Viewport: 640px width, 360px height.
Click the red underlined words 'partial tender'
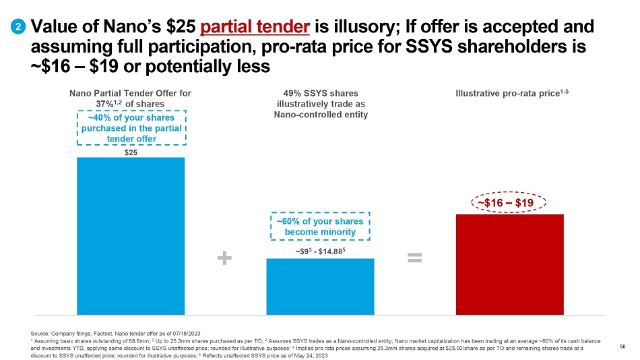pos(255,27)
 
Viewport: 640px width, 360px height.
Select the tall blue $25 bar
pos(131,236)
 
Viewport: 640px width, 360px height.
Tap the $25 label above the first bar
pos(131,152)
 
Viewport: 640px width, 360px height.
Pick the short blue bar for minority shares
pos(320,286)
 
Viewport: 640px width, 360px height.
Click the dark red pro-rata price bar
pos(510,264)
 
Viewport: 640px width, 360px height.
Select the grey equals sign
pos(414,257)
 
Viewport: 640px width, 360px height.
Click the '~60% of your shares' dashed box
pos(320,227)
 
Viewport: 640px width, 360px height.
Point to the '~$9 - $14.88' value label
pos(320,251)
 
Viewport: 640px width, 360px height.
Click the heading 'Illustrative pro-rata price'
pos(509,93)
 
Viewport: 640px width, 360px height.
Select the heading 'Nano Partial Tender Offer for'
pos(131,93)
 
